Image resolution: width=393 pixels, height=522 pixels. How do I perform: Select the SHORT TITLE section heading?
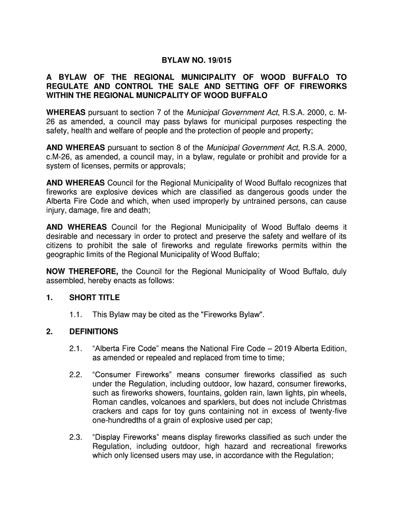pyautogui.click(x=94, y=297)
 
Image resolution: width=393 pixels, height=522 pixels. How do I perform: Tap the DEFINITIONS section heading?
pyautogui.click(x=93, y=331)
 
